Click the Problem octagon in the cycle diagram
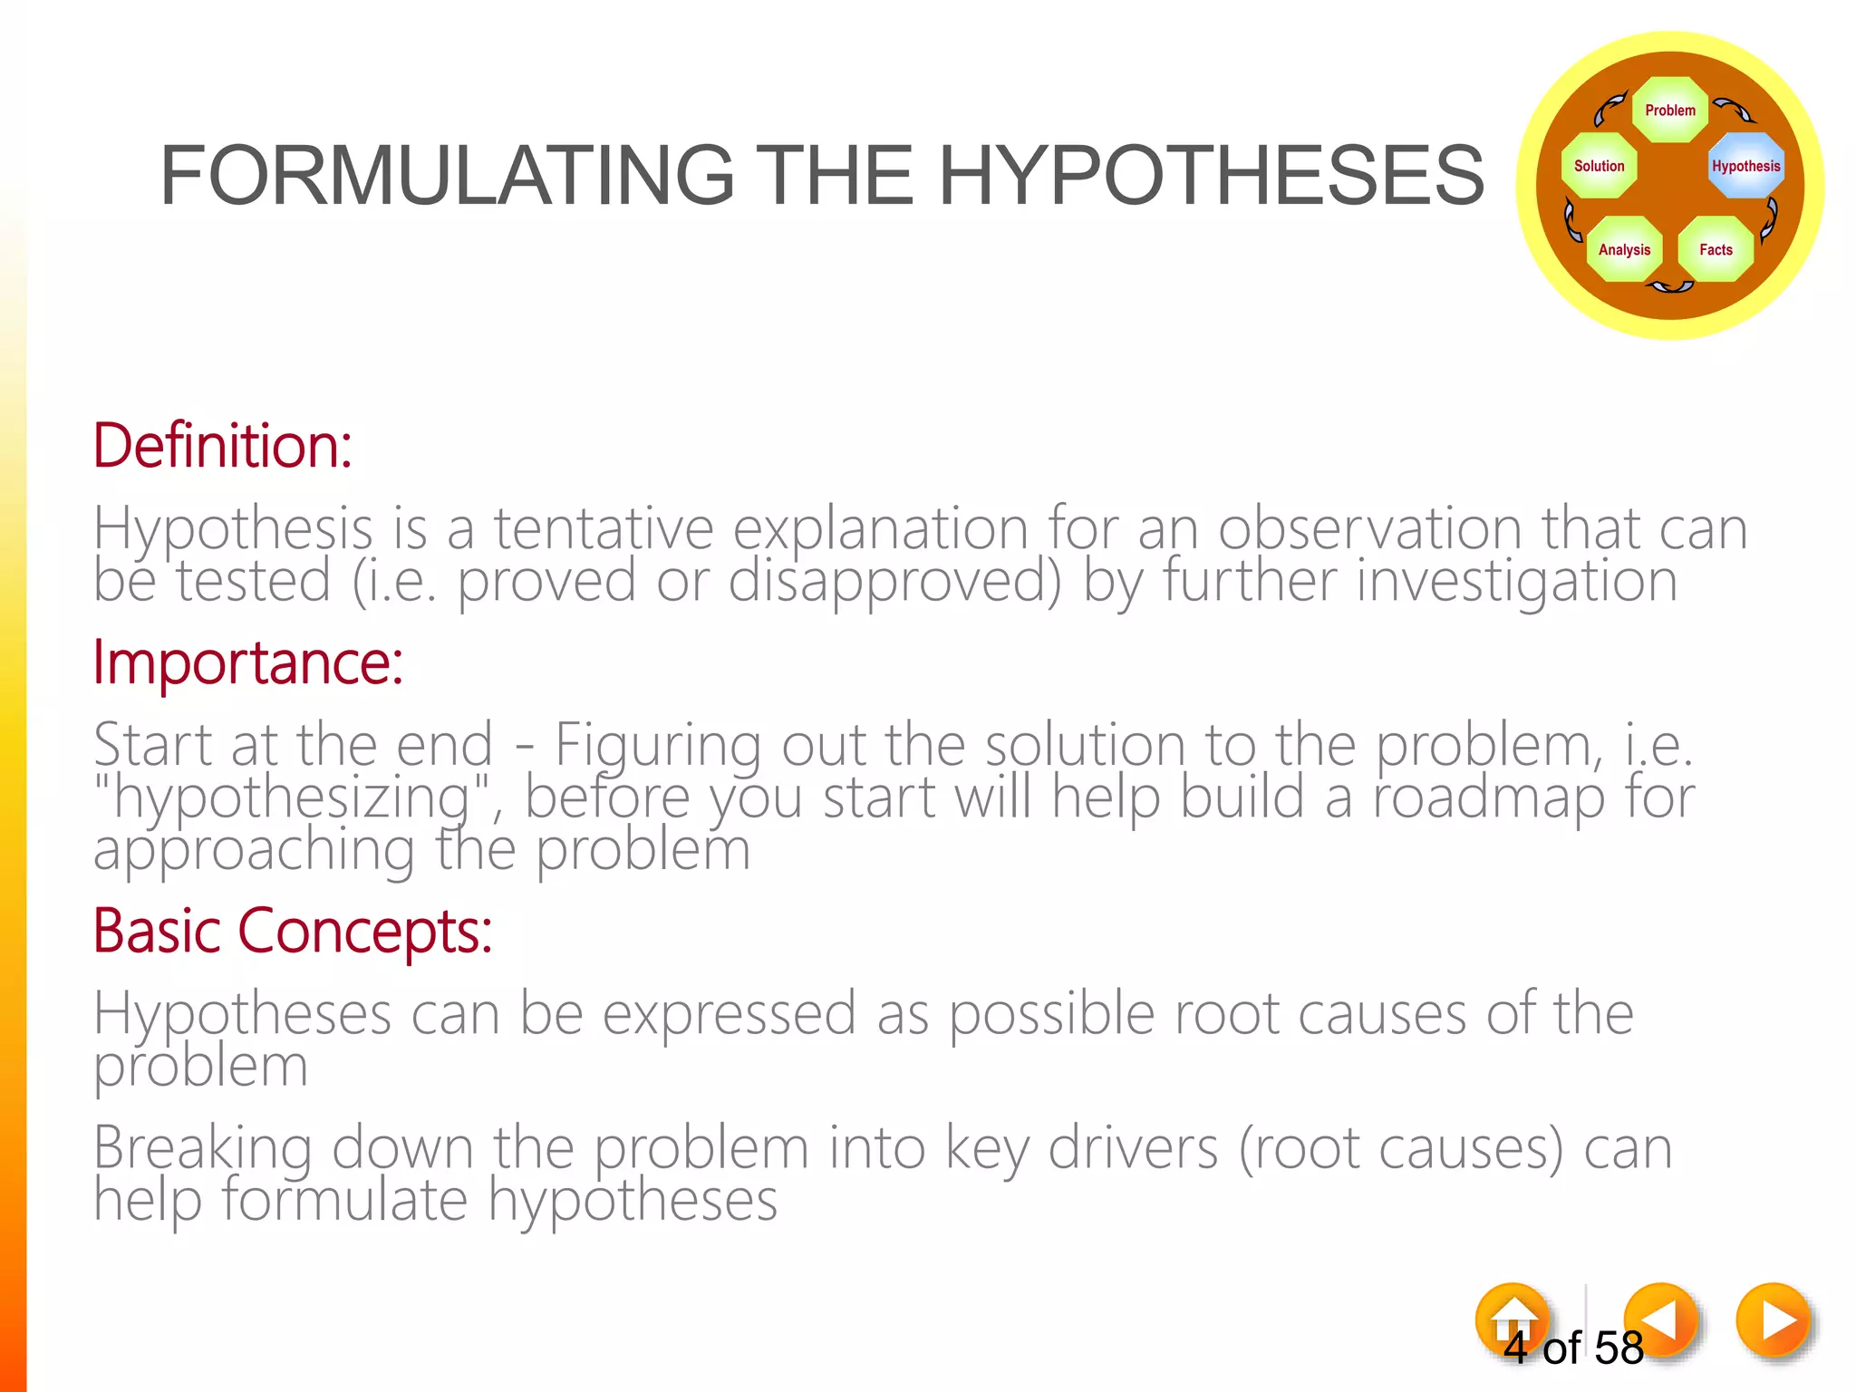[1669, 111]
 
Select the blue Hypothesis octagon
[1745, 166]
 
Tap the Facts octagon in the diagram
[1715, 249]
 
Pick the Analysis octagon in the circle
[1624, 249]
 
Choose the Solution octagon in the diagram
[1599, 166]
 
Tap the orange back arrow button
[1660, 1319]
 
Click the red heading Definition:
[222, 446]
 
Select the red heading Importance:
[247, 663]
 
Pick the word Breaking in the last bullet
[203, 1148]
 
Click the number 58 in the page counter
[1619, 1348]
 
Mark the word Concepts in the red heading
[364, 932]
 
